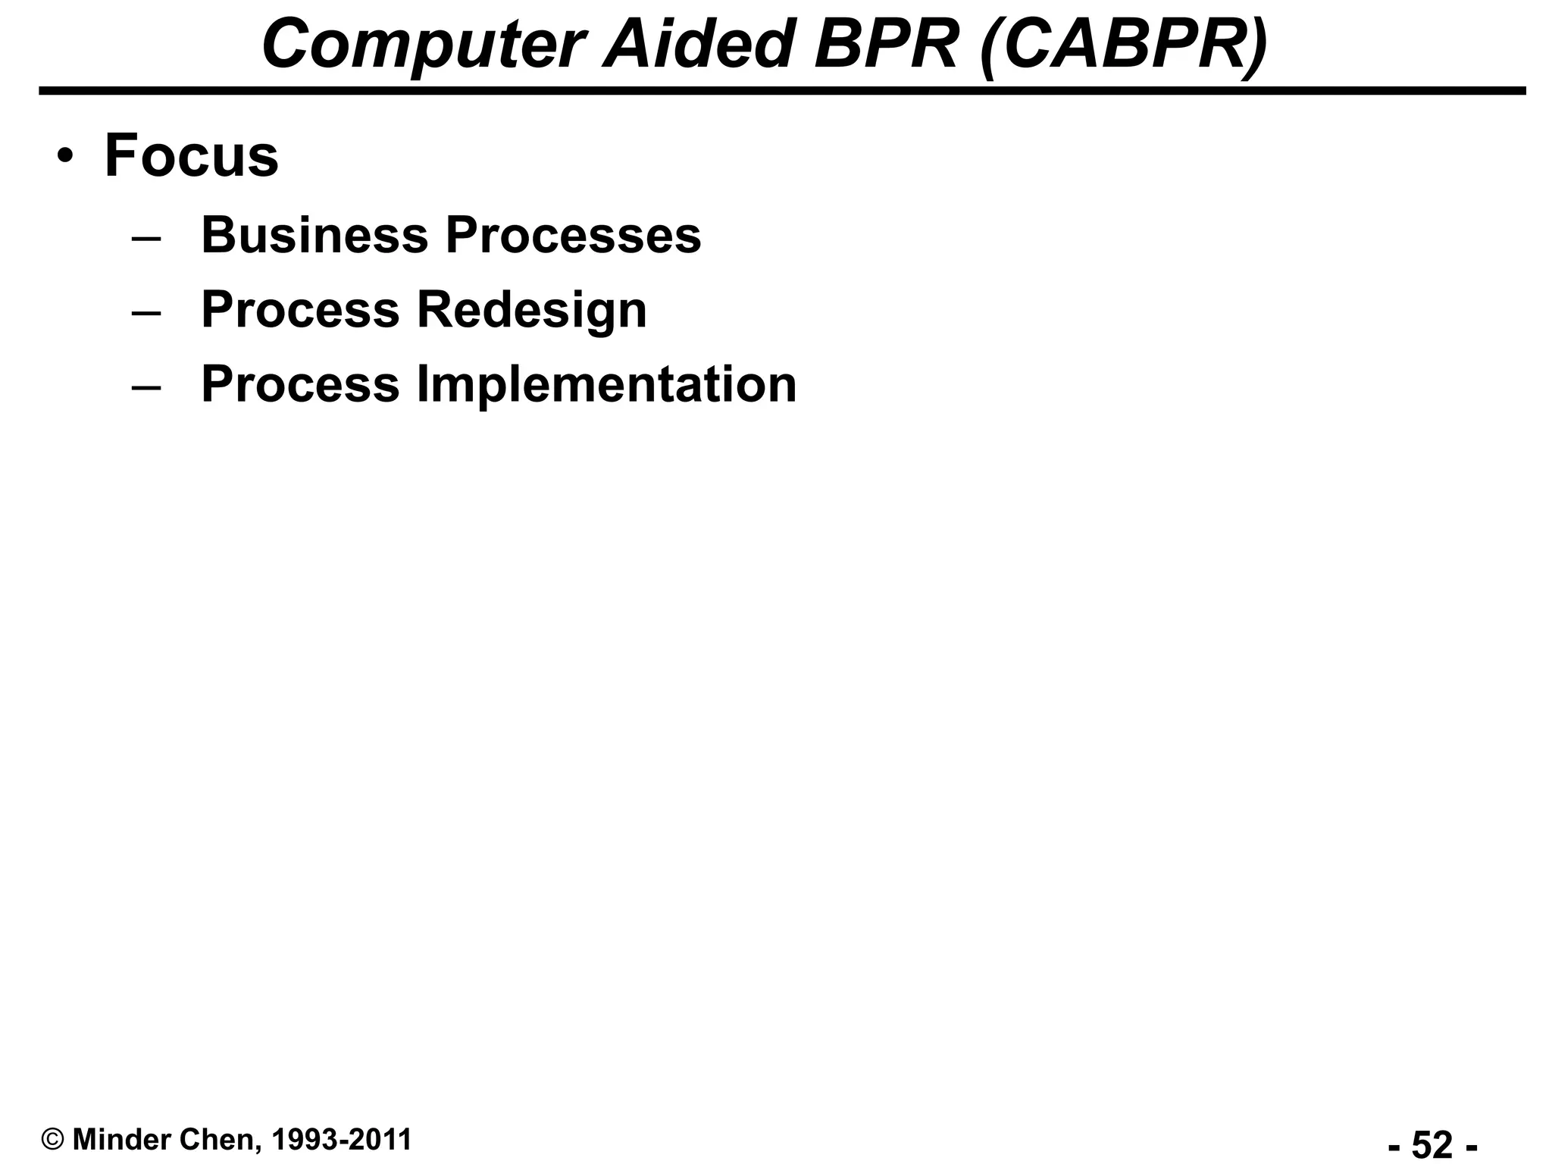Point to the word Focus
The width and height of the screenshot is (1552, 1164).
tap(191, 156)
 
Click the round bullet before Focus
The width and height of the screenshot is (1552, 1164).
tap(66, 157)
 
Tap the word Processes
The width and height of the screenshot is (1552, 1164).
tap(573, 235)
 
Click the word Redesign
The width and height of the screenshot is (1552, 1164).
tap(532, 310)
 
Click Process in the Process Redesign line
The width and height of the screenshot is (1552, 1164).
tap(300, 310)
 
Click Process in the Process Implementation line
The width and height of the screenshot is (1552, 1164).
tap(300, 384)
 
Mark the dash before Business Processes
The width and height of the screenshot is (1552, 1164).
tap(146, 237)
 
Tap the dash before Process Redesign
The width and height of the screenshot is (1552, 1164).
tap(146, 312)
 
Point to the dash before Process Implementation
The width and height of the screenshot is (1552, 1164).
tap(146, 386)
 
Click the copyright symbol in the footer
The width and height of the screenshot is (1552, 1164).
tap(53, 1119)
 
